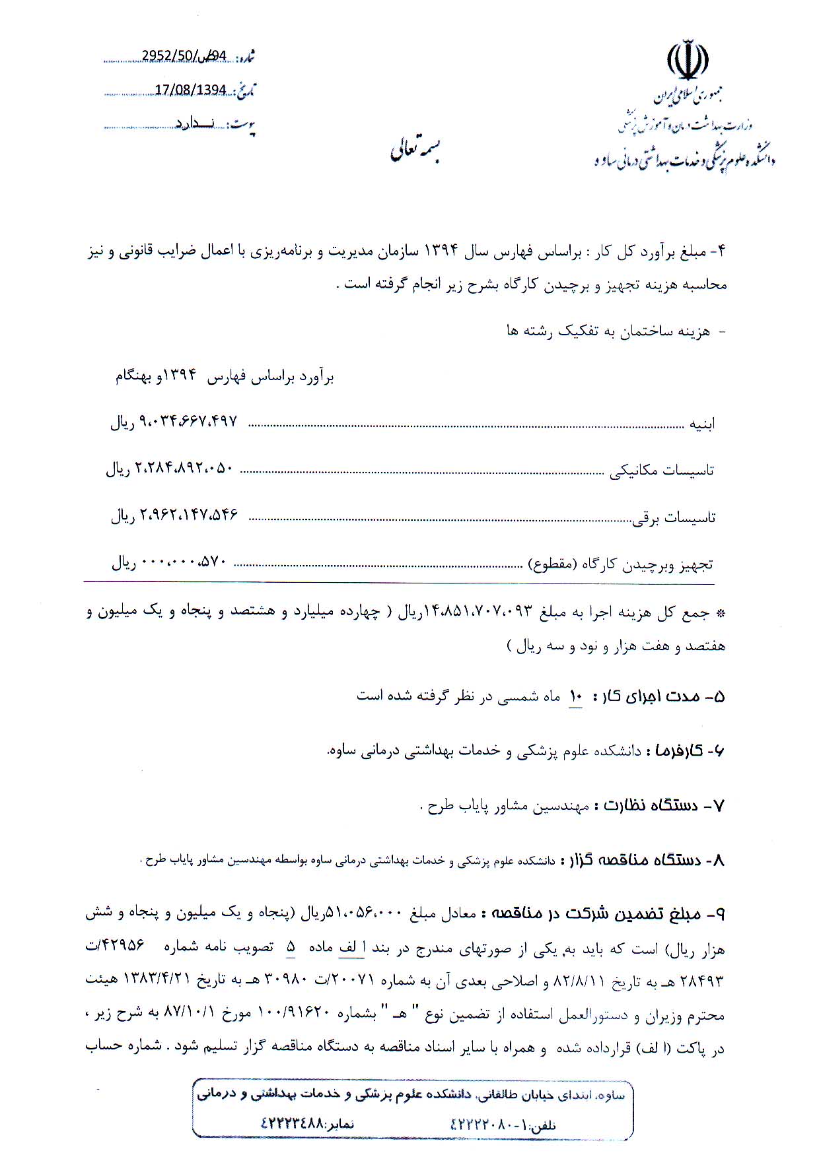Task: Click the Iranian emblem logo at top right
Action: click(x=688, y=61)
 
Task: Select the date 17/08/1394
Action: click(x=190, y=90)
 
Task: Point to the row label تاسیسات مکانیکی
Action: click(x=661, y=471)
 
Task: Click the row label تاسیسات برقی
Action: click(x=674, y=518)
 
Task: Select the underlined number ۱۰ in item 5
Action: click(x=576, y=696)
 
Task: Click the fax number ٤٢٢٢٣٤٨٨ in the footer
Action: click(x=291, y=1123)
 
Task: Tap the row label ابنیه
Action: click(x=702, y=424)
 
